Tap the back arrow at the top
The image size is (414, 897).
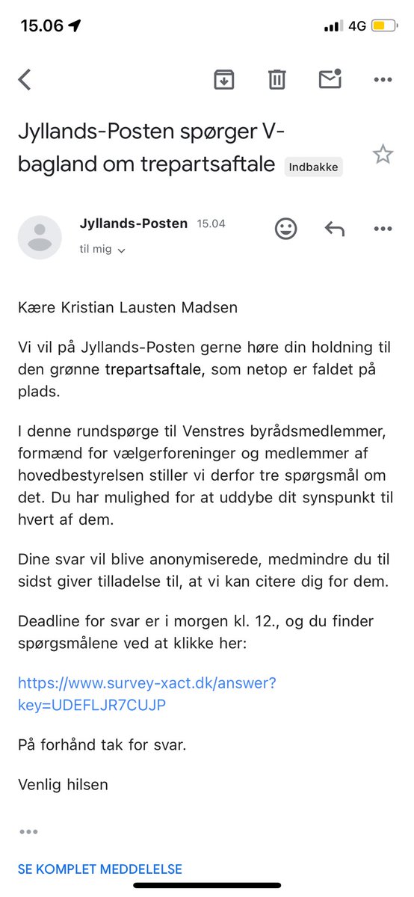tap(25, 79)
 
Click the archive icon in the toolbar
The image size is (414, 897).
tap(223, 79)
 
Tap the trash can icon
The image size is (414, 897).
tap(276, 79)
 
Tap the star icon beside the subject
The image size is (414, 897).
tap(383, 155)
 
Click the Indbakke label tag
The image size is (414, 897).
tap(314, 167)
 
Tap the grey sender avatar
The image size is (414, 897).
tap(40, 237)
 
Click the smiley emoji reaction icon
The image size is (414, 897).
tap(285, 229)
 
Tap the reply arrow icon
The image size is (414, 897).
tap(334, 229)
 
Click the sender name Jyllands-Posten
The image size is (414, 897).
tap(133, 224)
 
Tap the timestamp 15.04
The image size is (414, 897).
tap(211, 224)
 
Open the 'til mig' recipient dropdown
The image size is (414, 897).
tap(102, 250)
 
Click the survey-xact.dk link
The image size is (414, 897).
tap(146, 694)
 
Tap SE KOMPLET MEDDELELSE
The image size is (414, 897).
tap(99, 869)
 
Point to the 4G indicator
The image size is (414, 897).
tap(356, 26)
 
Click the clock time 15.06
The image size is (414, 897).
tap(42, 26)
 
